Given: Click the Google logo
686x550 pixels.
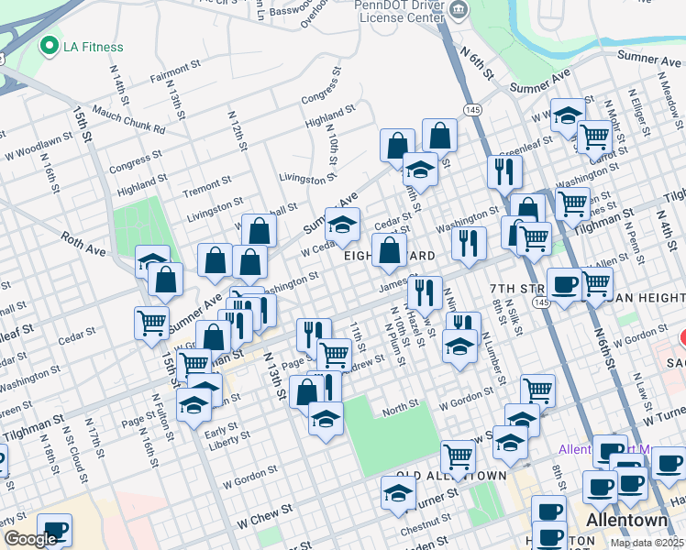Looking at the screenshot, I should tap(30, 539).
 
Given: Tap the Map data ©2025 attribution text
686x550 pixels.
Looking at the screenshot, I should tap(647, 543).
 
